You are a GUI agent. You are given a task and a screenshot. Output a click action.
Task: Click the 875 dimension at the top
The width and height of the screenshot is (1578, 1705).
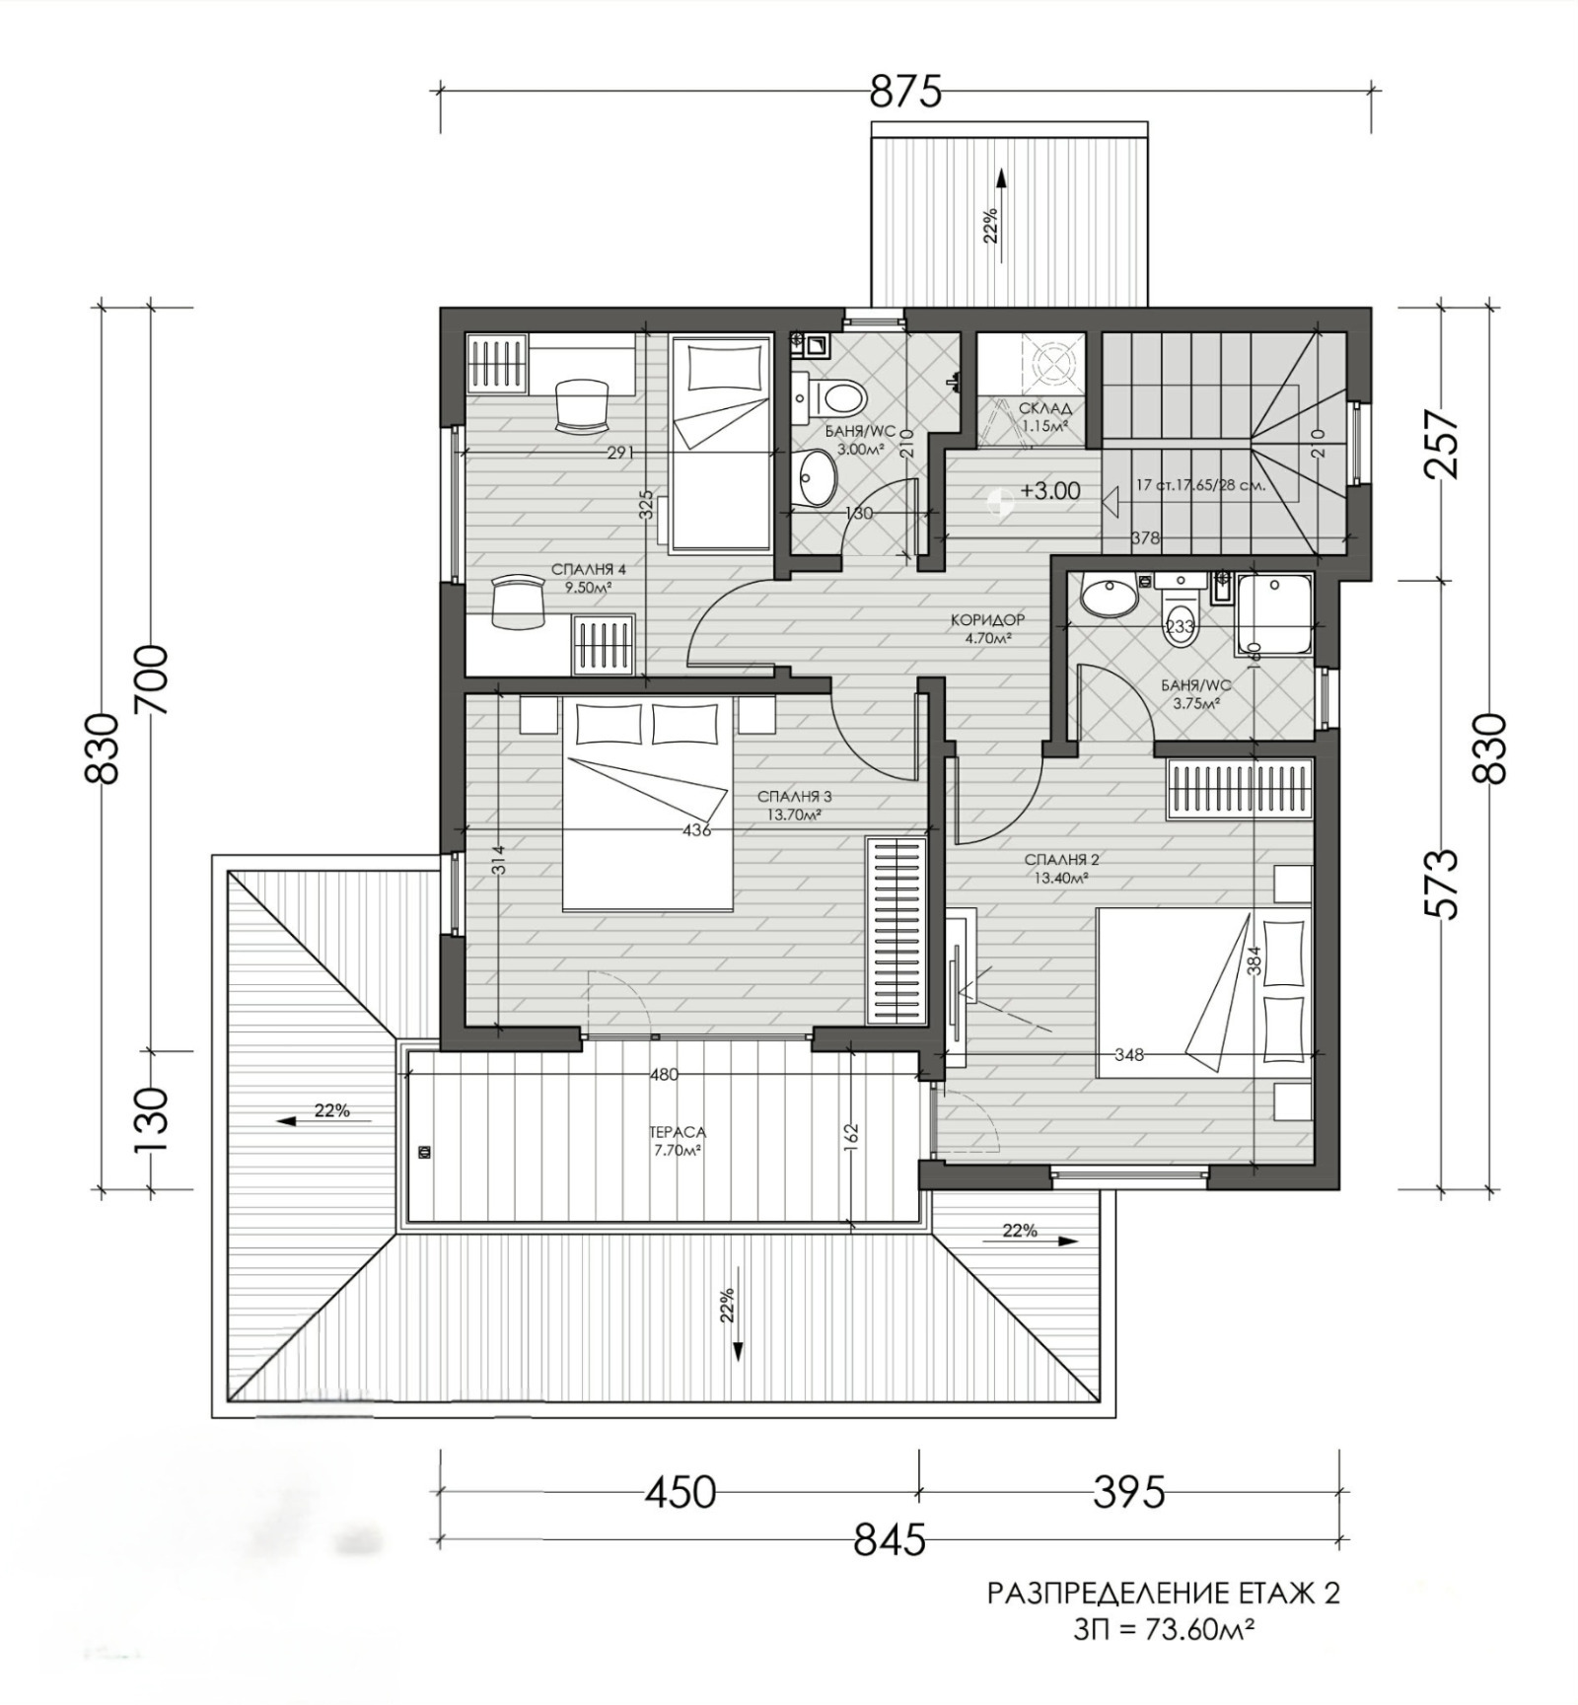click(905, 92)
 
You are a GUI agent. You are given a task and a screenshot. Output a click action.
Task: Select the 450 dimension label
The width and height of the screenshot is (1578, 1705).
click(680, 1492)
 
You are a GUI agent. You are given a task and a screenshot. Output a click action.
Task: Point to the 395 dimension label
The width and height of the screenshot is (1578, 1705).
click(1128, 1492)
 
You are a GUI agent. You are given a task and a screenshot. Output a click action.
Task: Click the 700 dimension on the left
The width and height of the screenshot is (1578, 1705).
click(152, 679)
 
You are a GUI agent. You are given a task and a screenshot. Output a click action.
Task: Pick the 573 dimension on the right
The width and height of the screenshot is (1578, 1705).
click(1443, 884)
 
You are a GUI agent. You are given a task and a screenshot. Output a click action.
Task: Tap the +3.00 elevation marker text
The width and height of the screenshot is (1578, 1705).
click(1049, 491)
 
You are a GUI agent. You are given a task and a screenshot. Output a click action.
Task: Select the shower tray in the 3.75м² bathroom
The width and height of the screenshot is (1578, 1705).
click(1274, 615)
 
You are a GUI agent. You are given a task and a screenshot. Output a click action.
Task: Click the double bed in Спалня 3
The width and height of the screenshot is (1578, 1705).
click(648, 804)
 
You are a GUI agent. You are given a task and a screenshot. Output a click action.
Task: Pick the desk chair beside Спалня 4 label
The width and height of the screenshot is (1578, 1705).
click(519, 602)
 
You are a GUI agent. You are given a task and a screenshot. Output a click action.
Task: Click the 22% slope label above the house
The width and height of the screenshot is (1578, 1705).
click(990, 225)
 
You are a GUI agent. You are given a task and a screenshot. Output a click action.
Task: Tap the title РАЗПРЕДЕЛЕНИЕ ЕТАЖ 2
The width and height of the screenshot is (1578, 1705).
click(1163, 1594)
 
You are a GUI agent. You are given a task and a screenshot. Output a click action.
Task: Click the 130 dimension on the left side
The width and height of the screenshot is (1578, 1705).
click(152, 1121)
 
